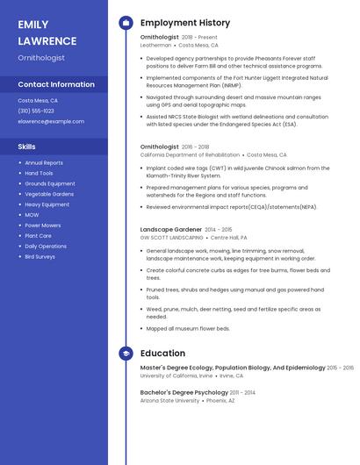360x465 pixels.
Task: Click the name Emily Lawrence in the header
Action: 47,32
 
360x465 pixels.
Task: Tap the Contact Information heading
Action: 56,85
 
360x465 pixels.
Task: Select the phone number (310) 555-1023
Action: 36,111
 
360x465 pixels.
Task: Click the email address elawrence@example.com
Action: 45,121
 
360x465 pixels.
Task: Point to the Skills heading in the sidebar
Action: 27,147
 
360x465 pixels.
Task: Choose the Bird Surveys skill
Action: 40,257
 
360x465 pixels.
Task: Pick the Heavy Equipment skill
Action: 47,204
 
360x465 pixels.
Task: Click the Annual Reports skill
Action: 44,162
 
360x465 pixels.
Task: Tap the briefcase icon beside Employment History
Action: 126,22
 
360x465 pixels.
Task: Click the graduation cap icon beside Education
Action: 126,353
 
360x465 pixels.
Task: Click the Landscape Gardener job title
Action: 170,229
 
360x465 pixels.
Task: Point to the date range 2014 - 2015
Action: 219,229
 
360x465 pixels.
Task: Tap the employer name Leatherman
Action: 155,45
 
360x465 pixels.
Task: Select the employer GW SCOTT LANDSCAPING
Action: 171,237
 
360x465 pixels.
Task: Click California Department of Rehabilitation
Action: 189,154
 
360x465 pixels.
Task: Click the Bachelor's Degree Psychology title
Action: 185,392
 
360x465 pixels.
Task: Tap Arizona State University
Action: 169,400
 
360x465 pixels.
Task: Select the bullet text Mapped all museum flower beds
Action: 188,328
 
